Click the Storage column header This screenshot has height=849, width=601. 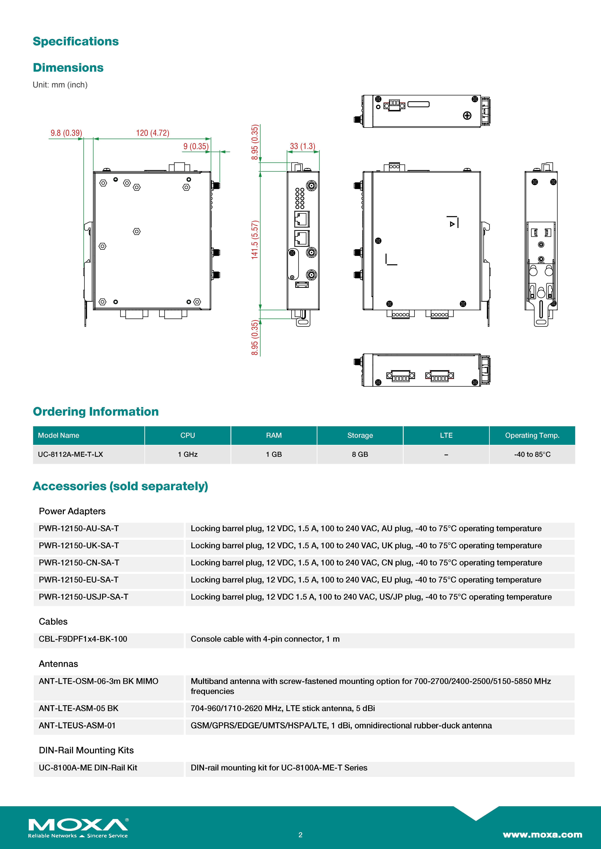360,435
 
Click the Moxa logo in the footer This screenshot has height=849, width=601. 78,827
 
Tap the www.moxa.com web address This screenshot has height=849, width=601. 542,835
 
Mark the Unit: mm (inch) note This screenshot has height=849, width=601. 60,85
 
